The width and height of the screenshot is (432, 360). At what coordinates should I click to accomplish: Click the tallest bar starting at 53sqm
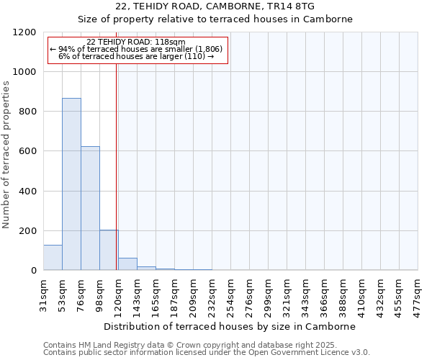pyautogui.click(x=71, y=184)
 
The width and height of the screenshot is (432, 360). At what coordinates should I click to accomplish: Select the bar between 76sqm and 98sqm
pyautogui.click(x=90, y=208)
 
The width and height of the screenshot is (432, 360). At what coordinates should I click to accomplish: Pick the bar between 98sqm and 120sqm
pyautogui.click(x=109, y=250)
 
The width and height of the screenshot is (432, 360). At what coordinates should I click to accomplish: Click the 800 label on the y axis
pyautogui.click(x=29, y=112)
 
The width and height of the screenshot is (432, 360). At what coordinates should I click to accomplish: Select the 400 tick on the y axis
pyautogui.click(x=29, y=192)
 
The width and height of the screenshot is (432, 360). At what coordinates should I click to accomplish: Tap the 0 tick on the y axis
pyautogui.click(x=34, y=271)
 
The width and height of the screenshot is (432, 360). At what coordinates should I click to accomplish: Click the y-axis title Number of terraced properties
pyautogui.click(x=6, y=154)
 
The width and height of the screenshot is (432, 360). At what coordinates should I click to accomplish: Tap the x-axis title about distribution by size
pyautogui.click(x=235, y=326)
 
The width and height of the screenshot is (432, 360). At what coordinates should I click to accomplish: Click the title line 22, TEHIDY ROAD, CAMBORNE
pyautogui.click(x=215, y=6)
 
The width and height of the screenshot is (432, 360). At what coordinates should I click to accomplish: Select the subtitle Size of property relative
pyautogui.click(x=215, y=19)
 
